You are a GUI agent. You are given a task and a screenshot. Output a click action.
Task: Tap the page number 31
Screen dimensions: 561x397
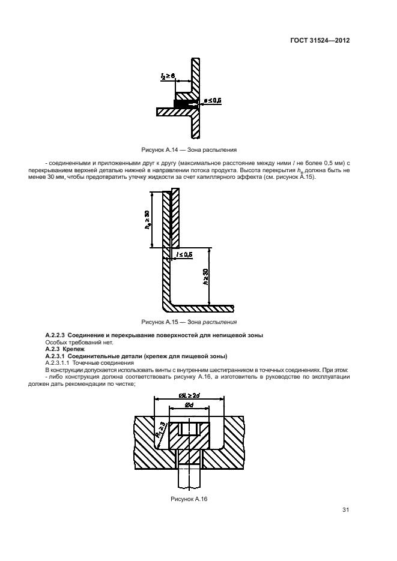(x=345, y=510)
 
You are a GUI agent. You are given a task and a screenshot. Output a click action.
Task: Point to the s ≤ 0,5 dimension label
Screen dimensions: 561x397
(x=212, y=101)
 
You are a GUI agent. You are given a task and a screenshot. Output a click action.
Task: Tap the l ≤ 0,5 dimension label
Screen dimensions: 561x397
(x=183, y=254)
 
